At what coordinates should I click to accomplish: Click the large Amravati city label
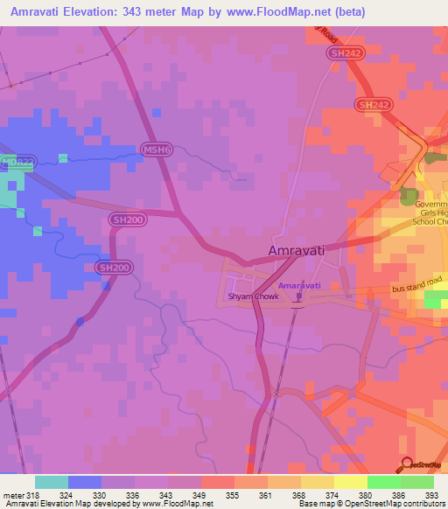[296, 250]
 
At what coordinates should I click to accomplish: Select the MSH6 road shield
[155, 150]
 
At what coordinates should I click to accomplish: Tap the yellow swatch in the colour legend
[350, 482]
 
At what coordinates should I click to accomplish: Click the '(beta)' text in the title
[348, 11]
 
